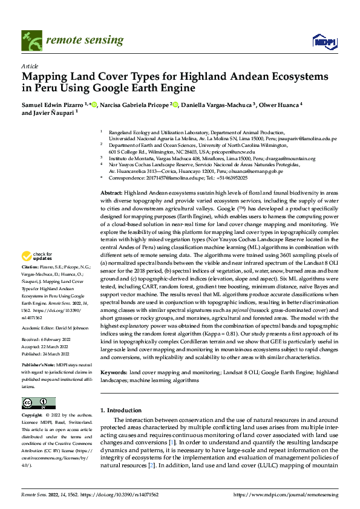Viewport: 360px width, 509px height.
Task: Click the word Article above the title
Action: (30, 65)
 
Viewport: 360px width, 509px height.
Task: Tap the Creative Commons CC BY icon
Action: (39, 403)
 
